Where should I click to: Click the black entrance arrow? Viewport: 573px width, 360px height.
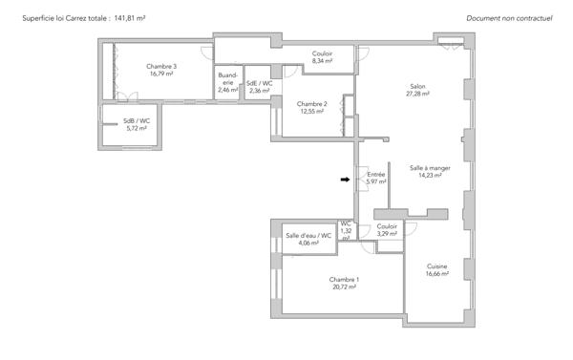click(x=345, y=180)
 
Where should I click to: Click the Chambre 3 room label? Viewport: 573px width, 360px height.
click(x=161, y=66)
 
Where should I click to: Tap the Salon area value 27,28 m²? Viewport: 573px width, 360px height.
click(x=417, y=94)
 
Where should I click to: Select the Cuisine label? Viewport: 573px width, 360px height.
click(x=436, y=266)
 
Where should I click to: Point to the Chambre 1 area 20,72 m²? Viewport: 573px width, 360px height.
click(x=344, y=287)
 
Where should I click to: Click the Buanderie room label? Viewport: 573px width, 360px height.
click(x=227, y=78)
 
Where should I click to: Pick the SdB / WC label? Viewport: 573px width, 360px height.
click(x=137, y=121)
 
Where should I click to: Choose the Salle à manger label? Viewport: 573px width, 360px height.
click(x=430, y=168)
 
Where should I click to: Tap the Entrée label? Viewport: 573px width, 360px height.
click(x=376, y=175)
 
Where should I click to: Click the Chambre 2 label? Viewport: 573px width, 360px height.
click(x=311, y=104)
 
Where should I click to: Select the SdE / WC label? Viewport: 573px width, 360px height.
click(x=260, y=83)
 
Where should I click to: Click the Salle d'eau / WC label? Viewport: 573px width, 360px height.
click(x=308, y=236)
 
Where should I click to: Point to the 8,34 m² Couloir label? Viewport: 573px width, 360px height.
click(x=323, y=57)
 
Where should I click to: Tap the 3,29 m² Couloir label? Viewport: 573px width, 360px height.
click(x=387, y=230)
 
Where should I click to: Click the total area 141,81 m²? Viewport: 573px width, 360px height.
click(x=130, y=18)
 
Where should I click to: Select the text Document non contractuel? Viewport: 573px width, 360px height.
click(x=509, y=18)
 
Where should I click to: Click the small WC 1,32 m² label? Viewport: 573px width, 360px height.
click(x=346, y=231)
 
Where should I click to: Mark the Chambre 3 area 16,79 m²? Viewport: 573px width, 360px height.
click(x=161, y=74)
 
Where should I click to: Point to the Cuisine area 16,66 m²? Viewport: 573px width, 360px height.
click(x=437, y=274)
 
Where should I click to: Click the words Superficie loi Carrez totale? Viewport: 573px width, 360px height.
click(x=64, y=18)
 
